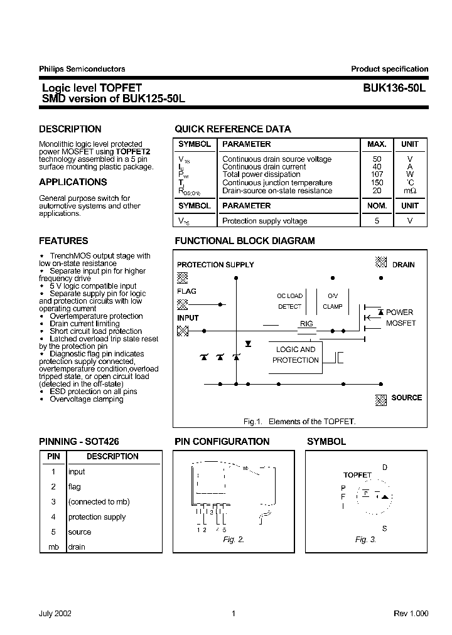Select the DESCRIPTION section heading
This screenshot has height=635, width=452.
pyautogui.click(x=70, y=129)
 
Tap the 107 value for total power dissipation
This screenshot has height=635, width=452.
pyautogui.click(x=377, y=174)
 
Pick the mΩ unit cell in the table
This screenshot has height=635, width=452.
pyautogui.click(x=409, y=191)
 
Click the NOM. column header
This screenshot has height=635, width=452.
pyautogui.click(x=377, y=206)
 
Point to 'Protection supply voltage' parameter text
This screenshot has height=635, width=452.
pyautogui.click(x=264, y=221)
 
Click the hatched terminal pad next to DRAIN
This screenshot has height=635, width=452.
pyautogui.click(x=380, y=263)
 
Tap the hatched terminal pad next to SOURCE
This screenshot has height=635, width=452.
pyautogui.click(x=380, y=398)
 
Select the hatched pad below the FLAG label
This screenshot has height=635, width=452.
pyautogui.click(x=182, y=304)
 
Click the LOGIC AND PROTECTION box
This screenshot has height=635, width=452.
pyautogui.click(x=296, y=355)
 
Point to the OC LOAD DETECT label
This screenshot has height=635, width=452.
pyautogui.click(x=289, y=301)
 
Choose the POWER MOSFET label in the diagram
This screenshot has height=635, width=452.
pyautogui.click(x=399, y=317)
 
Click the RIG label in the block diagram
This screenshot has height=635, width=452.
pyautogui.click(x=306, y=324)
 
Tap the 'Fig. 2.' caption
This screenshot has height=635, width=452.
pyautogui.click(x=234, y=540)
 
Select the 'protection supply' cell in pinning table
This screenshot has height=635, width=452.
pyautogui.click(x=97, y=517)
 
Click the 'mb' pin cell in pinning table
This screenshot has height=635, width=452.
pyautogui.click(x=53, y=547)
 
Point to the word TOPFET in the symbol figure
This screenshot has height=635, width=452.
pyautogui.click(x=357, y=475)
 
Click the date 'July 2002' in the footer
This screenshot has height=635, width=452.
pyautogui.click(x=55, y=614)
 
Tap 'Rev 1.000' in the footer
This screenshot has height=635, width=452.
pyautogui.click(x=411, y=614)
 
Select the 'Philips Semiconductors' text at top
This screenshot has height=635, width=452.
pyautogui.click(x=82, y=69)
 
